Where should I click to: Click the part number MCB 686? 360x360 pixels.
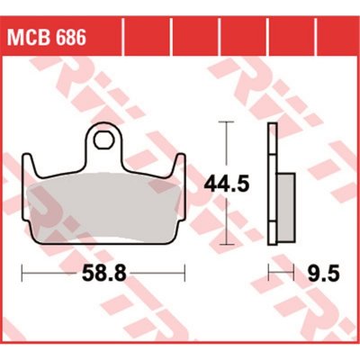click(x=47, y=37)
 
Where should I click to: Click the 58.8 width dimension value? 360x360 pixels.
click(x=104, y=274)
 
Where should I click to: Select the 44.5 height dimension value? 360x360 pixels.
click(x=227, y=184)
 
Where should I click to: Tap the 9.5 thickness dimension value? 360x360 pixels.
click(x=324, y=274)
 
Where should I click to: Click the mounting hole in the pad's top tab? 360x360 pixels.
click(x=103, y=140)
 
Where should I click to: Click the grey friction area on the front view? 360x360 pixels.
click(x=103, y=207)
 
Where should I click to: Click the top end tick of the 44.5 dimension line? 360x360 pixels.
click(x=226, y=122)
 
